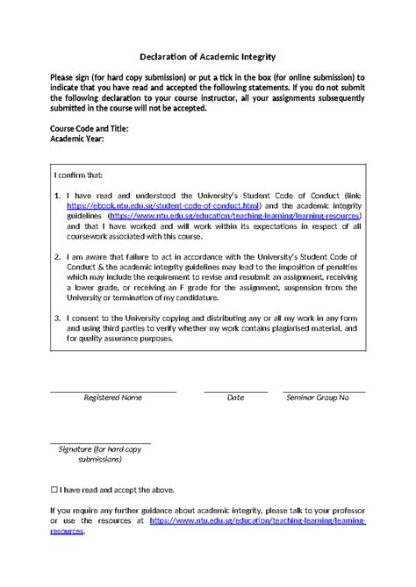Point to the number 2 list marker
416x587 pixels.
tap(57, 259)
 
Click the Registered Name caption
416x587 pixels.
tap(112, 397)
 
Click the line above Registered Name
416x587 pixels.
tap(112, 390)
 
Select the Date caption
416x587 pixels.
tap(235, 397)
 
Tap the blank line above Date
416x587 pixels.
tap(235, 390)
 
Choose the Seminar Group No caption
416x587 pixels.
tap(318, 397)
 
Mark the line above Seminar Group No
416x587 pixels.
tap(323, 390)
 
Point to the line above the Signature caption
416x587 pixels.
tap(100, 443)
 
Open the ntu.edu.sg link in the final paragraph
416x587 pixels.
tap(256, 520)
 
